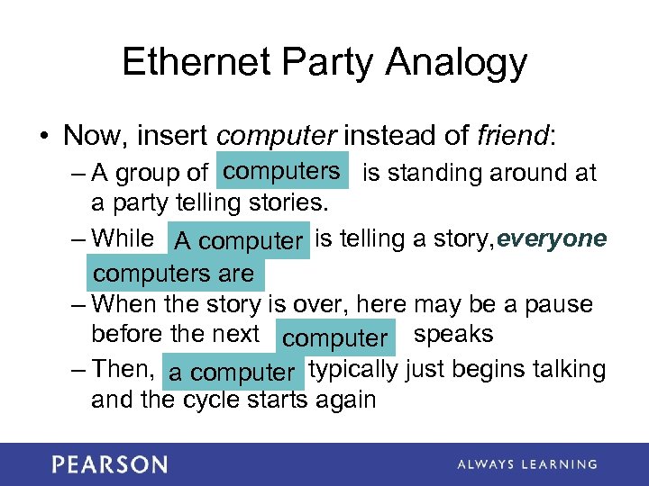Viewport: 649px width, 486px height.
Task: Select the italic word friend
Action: click(x=509, y=136)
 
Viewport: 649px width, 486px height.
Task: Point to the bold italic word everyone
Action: click(x=552, y=238)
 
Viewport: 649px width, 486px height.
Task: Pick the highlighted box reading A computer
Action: click(x=239, y=241)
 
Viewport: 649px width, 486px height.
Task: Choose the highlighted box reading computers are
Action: click(x=174, y=274)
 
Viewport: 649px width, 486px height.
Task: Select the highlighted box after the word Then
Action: click(x=233, y=372)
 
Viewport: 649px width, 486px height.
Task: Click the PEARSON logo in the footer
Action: click(x=109, y=464)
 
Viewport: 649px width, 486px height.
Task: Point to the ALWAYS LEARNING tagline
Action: click(x=526, y=464)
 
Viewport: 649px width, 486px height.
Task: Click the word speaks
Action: click(x=453, y=334)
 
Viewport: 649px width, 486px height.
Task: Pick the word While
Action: click(x=123, y=238)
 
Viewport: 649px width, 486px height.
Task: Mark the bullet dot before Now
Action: click(x=43, y=137)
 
